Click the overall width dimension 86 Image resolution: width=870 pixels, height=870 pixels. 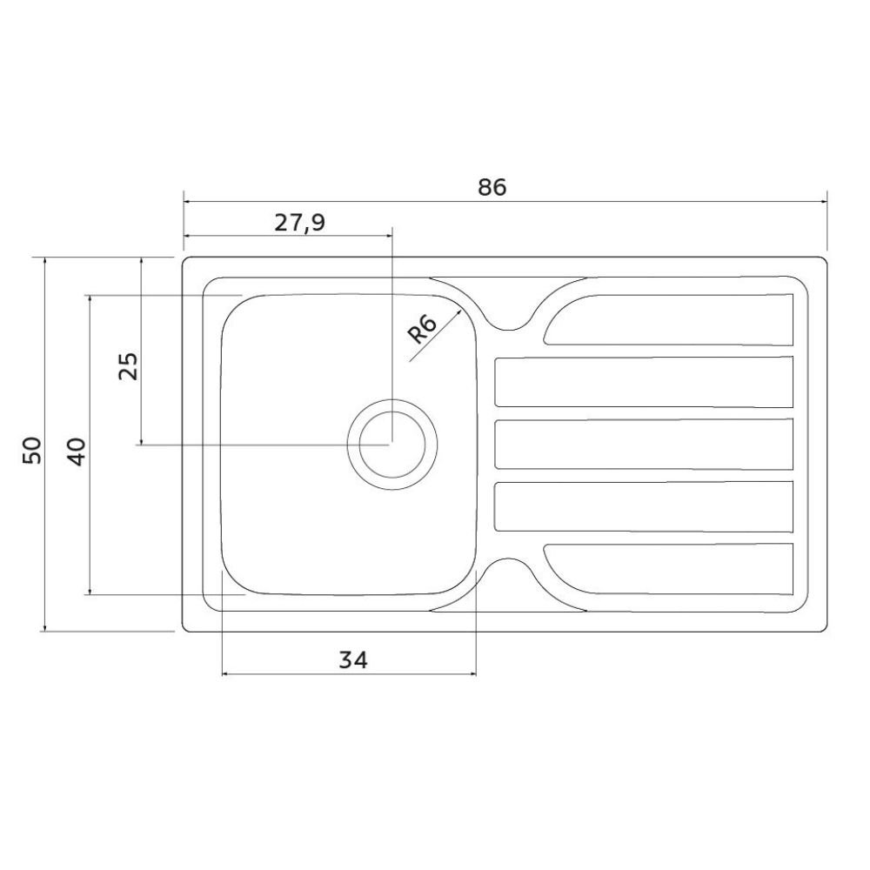(x=492, y=188)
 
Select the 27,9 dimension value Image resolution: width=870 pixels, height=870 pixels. (x=299, y=223)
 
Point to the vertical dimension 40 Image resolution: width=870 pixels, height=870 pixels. (x=77, y=452)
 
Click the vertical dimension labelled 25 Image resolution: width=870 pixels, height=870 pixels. (x=128, y=365)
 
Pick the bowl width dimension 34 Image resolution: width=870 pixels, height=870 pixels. (x=353, y=660)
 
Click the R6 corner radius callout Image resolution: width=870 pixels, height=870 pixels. (x=422, y=329)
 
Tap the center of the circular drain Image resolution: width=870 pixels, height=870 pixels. (x=392, y=444)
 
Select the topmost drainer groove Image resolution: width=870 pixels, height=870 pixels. (x=668, y=319)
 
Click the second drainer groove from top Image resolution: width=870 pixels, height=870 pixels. (x=644, y=382)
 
